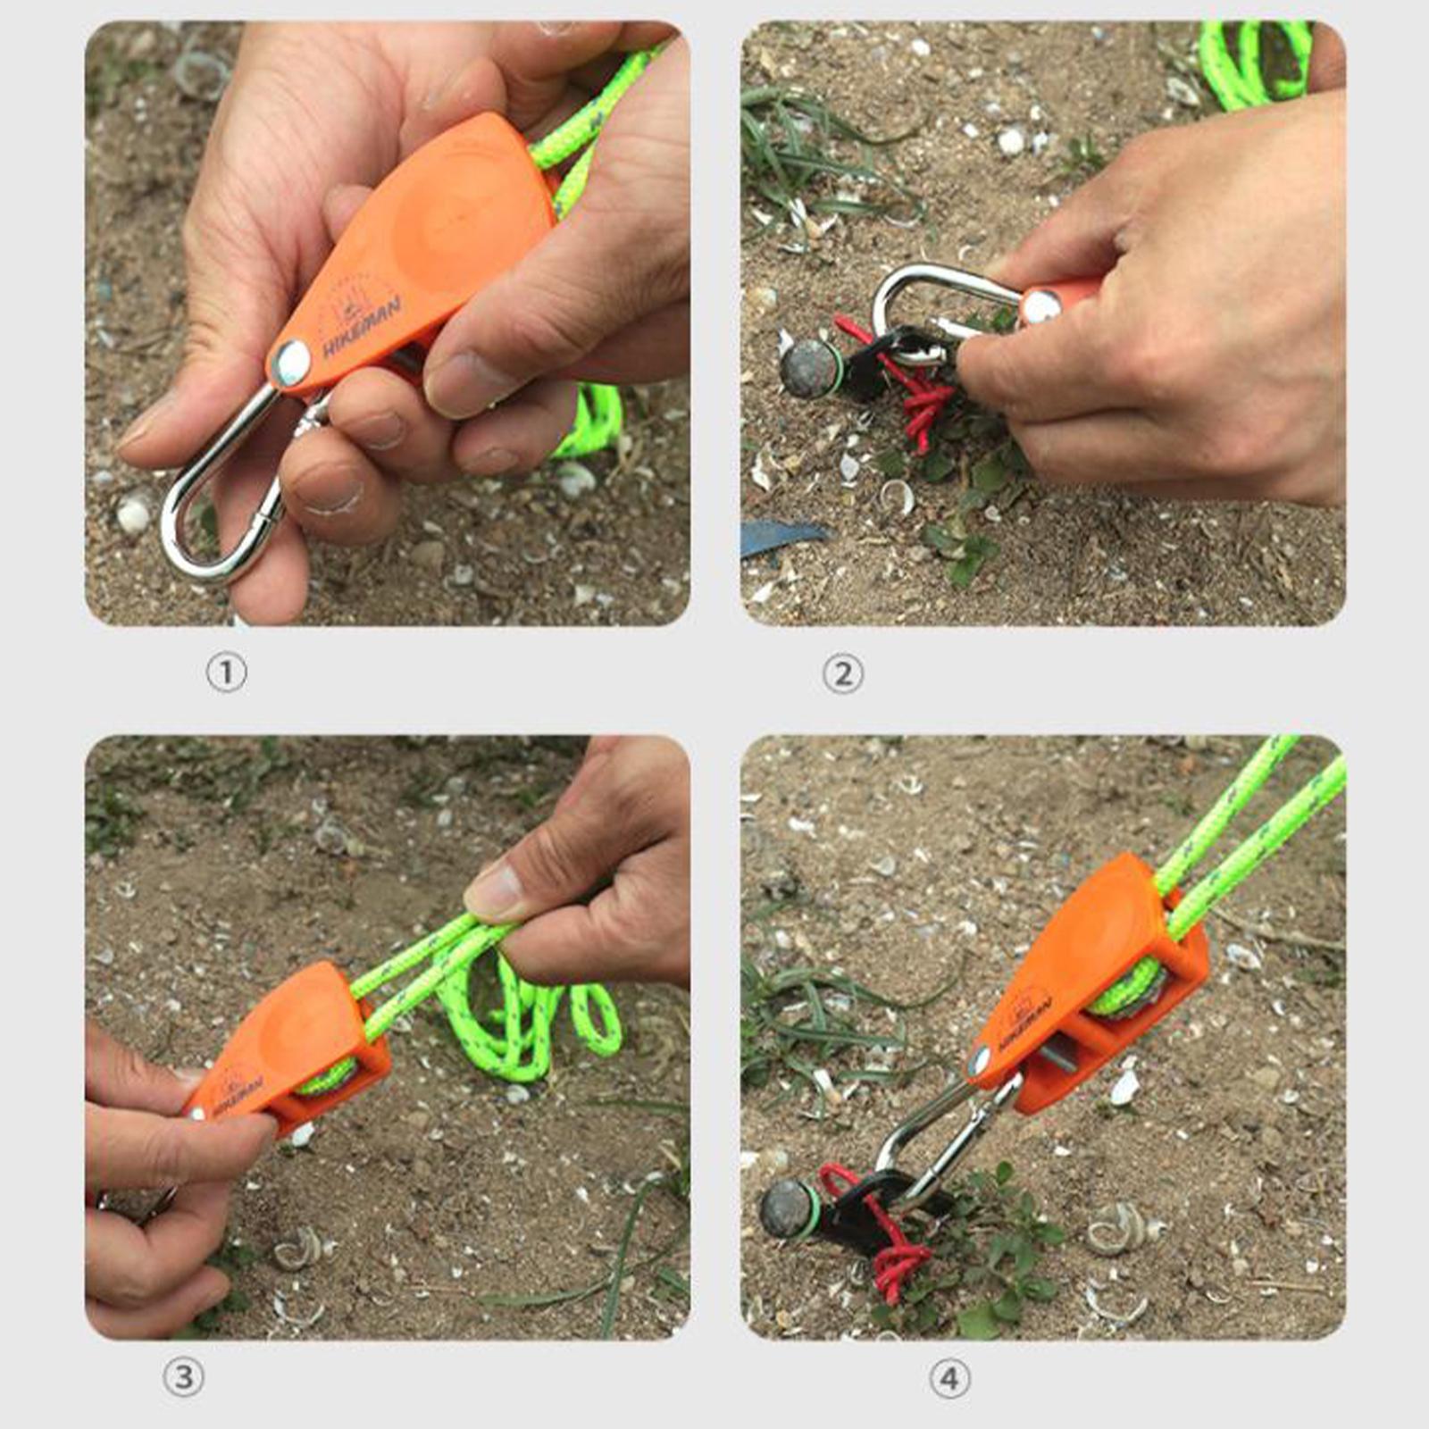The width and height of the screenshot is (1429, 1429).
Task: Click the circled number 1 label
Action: [x=226, y=673]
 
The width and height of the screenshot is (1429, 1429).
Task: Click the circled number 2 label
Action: [x=842, y=673]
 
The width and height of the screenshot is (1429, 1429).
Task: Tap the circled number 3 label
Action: [x=183, y=1376]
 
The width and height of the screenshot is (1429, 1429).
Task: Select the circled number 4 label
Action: [x=948, y=1379]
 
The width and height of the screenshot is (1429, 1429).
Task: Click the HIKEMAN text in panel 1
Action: [x=362, y=327]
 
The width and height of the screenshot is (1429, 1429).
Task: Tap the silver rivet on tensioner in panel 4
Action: [x=981, y=1062]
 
